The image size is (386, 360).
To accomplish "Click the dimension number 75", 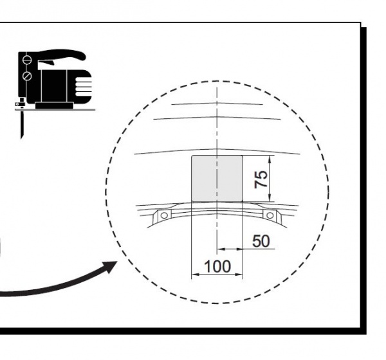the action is [261, 179].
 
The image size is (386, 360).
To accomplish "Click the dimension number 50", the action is [261, 241].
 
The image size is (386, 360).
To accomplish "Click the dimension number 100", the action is [217, 267].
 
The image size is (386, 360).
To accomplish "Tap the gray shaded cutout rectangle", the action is [217, 179].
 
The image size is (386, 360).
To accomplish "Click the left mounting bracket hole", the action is [164, 215].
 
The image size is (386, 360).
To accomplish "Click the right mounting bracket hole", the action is [270, 215].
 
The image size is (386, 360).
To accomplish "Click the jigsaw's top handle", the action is [62, 55].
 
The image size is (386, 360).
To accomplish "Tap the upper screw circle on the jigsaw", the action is [27, 60].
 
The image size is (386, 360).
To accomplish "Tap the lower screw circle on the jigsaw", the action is [27, 76].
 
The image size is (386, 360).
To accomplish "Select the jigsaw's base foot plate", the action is [54, 106].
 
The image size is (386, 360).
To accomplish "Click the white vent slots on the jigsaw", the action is [83, 87].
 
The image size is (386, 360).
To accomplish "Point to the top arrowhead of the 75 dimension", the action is [270, 159].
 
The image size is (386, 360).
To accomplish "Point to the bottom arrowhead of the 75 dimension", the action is [270, 198].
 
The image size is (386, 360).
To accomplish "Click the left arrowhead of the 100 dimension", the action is [195, 274].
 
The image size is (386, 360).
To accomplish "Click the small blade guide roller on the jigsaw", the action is [17, 104].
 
